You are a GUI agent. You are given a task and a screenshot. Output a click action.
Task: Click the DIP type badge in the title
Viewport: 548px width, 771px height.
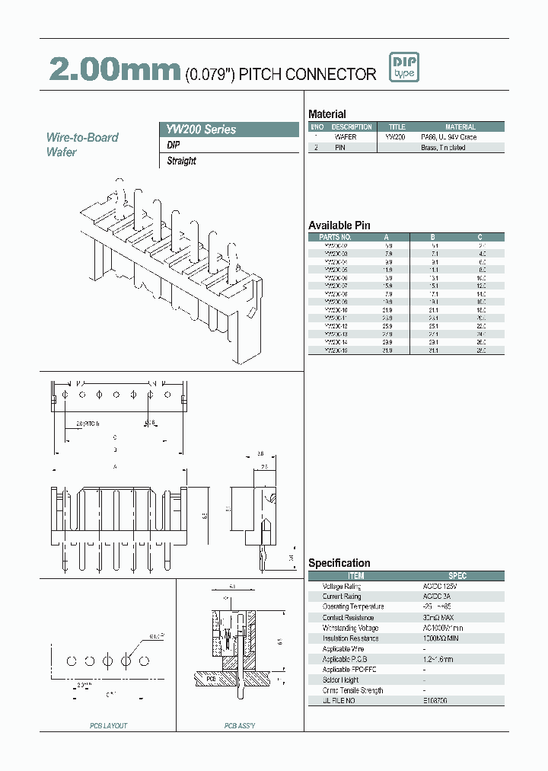(x=402, y=68)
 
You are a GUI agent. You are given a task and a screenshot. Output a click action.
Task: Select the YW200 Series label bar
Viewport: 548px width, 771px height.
(x=228, y=130)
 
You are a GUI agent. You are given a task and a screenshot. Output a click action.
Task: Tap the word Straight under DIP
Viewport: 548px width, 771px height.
(x=182, y=161)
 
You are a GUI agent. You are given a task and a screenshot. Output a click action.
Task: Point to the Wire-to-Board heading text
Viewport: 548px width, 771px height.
(x=82, y=137)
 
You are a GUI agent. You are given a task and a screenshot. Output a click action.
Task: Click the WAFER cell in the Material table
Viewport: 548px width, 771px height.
(x=346, y=137)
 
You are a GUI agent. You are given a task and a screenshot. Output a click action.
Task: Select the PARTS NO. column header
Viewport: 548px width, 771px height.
(x=335, y=237)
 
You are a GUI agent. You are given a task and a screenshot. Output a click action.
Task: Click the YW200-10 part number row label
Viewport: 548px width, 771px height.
(x=335, y=310)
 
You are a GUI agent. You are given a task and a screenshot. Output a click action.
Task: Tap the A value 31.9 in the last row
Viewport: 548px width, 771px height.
(x=388, y=350)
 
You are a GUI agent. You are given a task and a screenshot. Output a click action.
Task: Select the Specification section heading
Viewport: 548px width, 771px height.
(x=339, y=563)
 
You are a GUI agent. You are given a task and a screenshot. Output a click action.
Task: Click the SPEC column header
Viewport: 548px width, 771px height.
(x=457, y=576)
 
